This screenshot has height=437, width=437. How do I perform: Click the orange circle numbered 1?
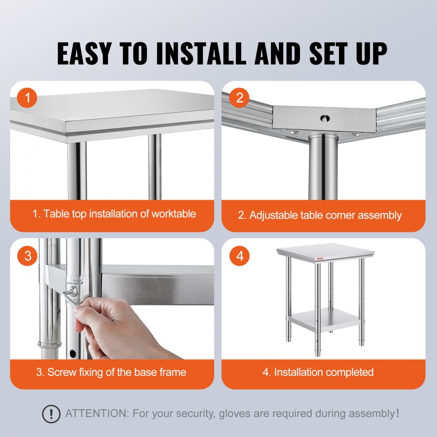(x=28, y=99)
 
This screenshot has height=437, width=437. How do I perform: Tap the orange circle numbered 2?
(x=239, y=99)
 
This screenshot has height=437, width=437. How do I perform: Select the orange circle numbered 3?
(x=28, y=256)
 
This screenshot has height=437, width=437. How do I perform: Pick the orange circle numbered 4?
(x=239, y=256)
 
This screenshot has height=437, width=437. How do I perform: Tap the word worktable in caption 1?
(x=173, y=214)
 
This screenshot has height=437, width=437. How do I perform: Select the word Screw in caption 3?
(x=60, y=372)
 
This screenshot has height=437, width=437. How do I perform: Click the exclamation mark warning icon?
(x=52, y=413)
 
